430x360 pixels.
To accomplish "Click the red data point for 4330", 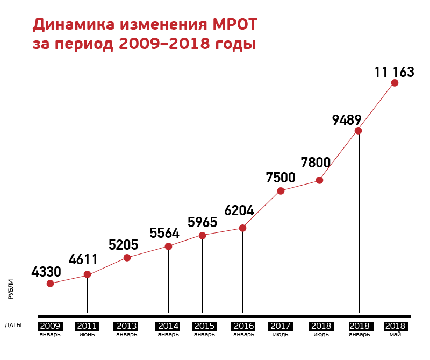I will [x=51, y=284].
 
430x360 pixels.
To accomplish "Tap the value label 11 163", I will [x=395, y=72].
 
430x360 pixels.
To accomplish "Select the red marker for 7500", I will [x=281, y=190].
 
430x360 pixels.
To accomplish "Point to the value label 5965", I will [x=202, y=222].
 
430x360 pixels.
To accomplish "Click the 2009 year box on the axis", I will [x=50, y=326].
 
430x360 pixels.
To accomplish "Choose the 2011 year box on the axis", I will [x=87, y=326].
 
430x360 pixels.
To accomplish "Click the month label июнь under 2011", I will [x=87, y=334].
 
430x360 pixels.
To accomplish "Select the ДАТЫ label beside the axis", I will [x=13, y=326].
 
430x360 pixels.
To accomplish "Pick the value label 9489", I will [x=347, y=119].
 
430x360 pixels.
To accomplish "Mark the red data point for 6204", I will [x=242, y=228].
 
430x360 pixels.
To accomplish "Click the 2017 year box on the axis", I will [x=281, y=326].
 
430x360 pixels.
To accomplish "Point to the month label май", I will [x=395, y=334].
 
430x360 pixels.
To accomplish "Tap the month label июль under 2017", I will [x=281, y=334].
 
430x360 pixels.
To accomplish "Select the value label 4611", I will [x=83, y=259].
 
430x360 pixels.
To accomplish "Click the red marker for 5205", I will [x=127, y=258].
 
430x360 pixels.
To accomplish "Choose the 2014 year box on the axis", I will [x=168, y=326].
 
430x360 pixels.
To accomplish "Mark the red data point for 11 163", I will [x=395, y=83].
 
